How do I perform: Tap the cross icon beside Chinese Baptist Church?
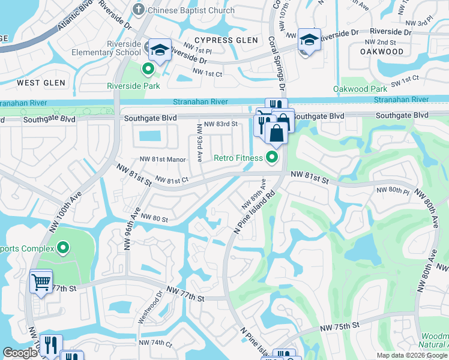pyautogui.click(x=139, y=10)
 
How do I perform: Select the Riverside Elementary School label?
pyautogui.click(x=123, y=49)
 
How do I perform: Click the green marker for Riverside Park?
pyautogui.click(x=148, y=70)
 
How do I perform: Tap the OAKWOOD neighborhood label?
pyautogui.click(x=382, y=52)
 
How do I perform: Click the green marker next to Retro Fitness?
pyautogui.click(x=272, y=158)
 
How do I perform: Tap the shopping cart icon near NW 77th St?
pyautogui.click(x=41, y=281)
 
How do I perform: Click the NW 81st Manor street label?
pyautogui.click(x=163, y=160)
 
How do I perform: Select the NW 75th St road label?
pyautogui.click(x=339, y=325)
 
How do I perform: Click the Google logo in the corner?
pyautogui.click(x=20, y=353)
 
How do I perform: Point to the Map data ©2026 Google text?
pyautogui.click(x=412, y=355)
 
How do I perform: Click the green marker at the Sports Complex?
pyautogui.click(x=64, y=248)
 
